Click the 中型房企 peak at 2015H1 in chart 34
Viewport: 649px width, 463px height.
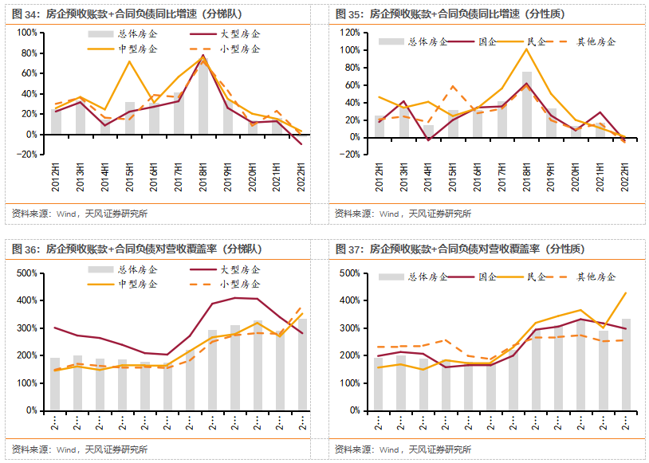pyautogui.click(x=129, y=61)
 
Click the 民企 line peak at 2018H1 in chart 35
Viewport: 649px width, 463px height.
pyautogui.click(x=527, y=49)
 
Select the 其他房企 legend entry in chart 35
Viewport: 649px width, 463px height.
pyautogui.click(x=595, y=42)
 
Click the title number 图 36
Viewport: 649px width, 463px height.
pyautogui.click(x=25, y=249)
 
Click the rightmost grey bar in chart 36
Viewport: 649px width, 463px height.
pyautogui.click(x=302, y=364)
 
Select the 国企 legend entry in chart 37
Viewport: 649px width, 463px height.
pyautogui.click(x=486, y=277)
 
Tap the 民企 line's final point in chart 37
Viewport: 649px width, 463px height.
pyautogui.click(x=625, y=292)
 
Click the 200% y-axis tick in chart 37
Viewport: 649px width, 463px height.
pyautogui.click(x=351, y=355)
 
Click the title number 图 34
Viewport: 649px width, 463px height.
pyautogui.click(x=25, y=14)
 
